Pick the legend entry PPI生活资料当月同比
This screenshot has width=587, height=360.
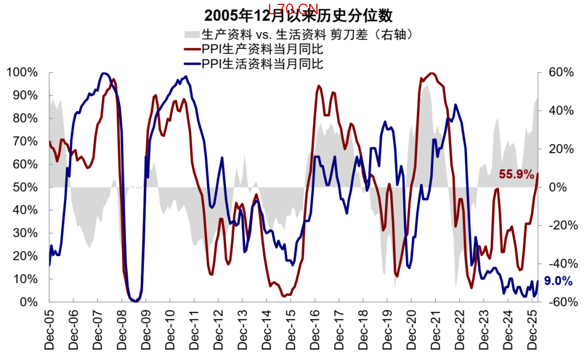(263, 64)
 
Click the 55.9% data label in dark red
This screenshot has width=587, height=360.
(517, 175)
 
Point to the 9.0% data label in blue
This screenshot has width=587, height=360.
(558, 281)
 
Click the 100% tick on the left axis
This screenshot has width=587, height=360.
(22, 72)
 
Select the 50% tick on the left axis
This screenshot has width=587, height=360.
(25, 187)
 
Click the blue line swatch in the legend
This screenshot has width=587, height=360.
(192, 64)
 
